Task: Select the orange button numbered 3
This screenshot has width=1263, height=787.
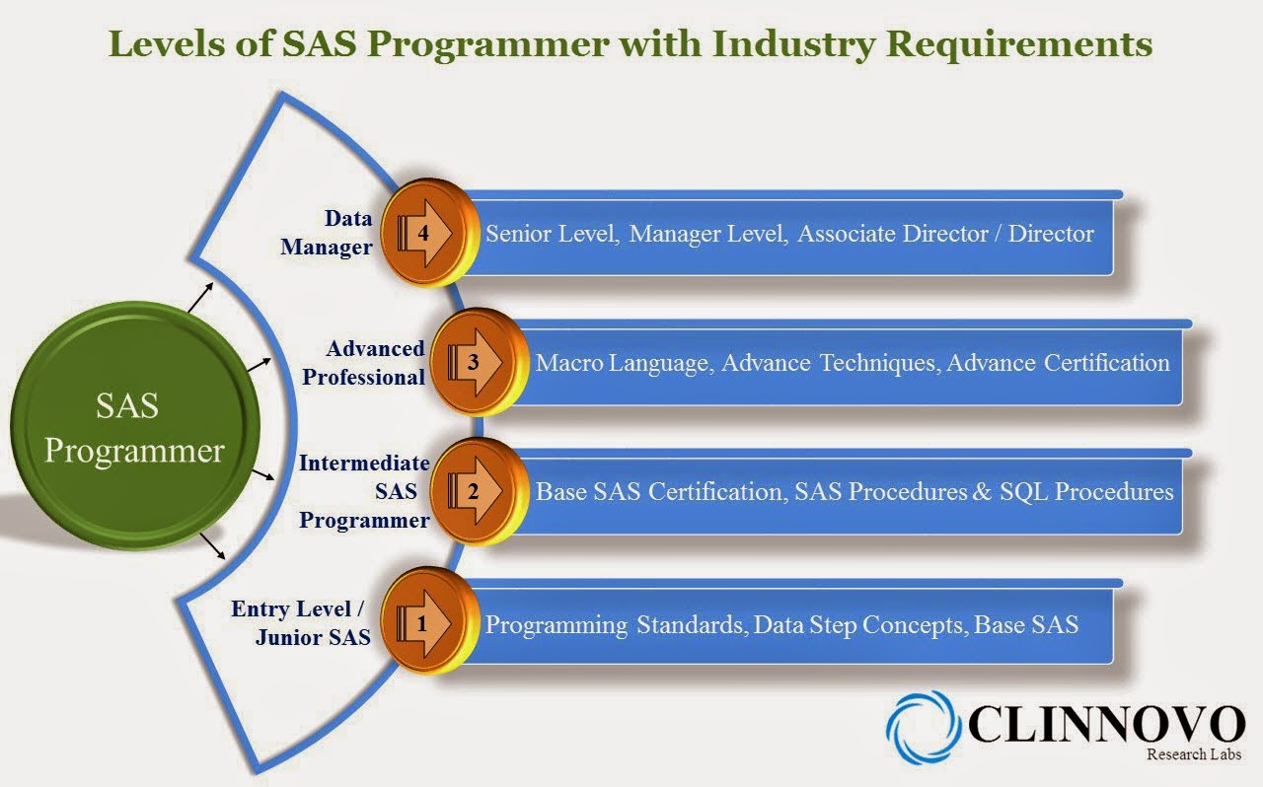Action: [477, 362]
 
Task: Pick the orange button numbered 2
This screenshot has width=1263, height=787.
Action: [477, 490]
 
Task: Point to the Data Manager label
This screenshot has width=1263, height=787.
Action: [327, 232]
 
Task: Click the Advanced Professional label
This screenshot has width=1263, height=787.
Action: [364, 362]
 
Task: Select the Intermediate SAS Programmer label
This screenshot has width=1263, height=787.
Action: [364, 491]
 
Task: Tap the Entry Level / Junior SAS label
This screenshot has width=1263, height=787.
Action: [302, 623]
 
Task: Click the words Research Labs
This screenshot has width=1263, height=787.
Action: [1193, 754]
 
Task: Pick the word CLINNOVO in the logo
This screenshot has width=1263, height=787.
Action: [1106, 724]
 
